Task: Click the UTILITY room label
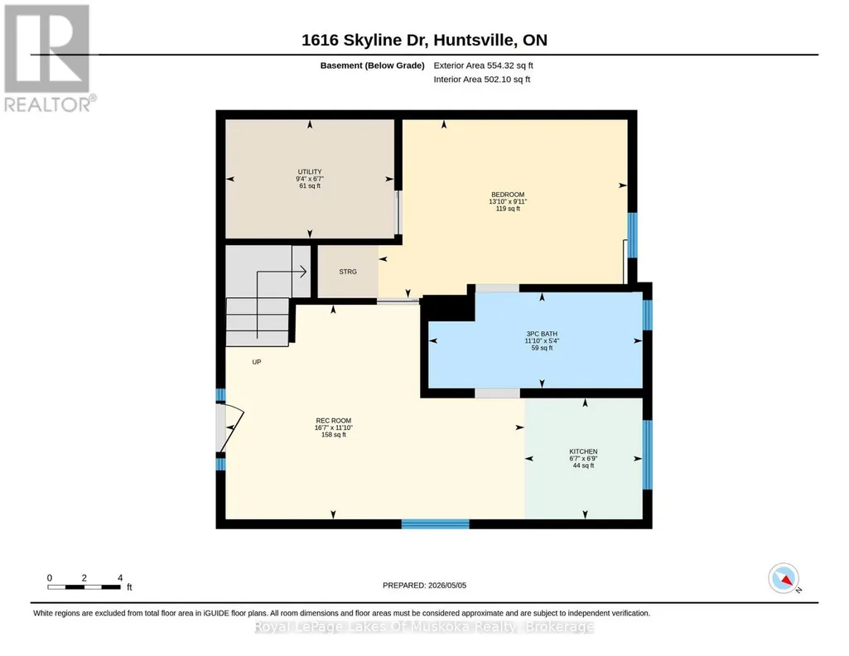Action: [310, 172]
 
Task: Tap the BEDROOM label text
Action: [508, 195]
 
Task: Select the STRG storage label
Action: [348, 272]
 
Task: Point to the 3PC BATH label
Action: [542, 334]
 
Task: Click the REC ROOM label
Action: [334, 421]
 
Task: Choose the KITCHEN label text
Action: [583, 451]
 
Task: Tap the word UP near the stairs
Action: [257, 362]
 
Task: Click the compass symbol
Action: [784, 579]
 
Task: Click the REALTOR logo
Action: [48, 59]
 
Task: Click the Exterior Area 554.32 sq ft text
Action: [484, 65]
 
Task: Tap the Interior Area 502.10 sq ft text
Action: [482, 80]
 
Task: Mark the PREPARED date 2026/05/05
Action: [424, 585]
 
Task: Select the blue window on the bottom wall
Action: [435, 524]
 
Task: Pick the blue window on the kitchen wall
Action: [648, 455]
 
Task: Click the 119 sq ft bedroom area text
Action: [508, 209]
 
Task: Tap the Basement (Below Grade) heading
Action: [373, 65]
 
